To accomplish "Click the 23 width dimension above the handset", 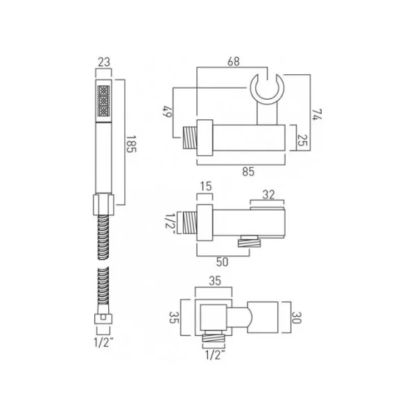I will (x=105, y=62).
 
